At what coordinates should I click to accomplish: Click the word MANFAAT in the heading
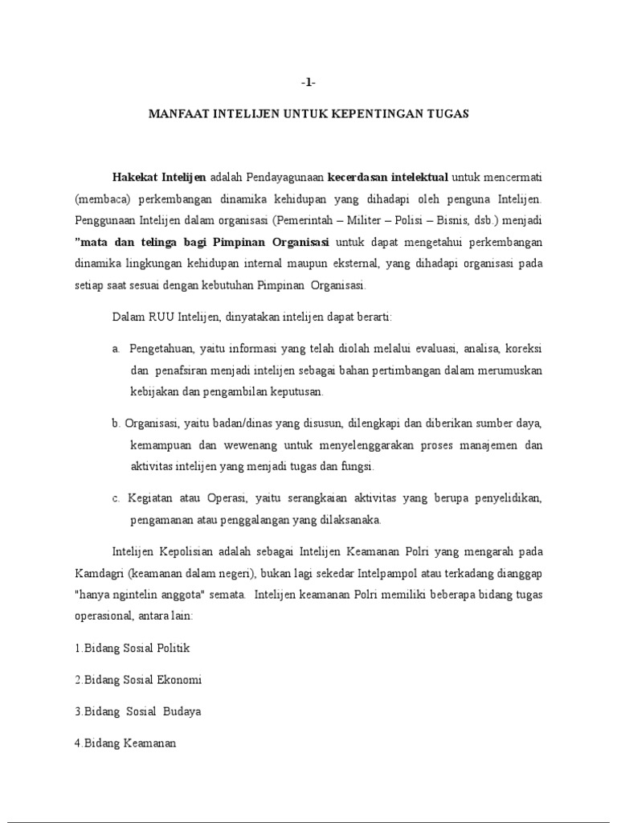[178, 114]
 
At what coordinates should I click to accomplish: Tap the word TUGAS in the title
[451, 114]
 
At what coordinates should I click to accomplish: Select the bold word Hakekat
[135, 177]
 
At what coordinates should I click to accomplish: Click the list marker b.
[116, 424]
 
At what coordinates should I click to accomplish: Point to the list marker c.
[116, 498]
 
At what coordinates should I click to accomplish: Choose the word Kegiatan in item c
[151, 498]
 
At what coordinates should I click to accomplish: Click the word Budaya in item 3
[182, 712]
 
